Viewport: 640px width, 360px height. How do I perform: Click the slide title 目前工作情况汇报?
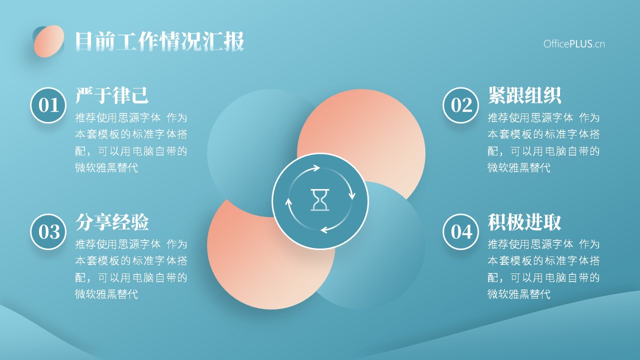tap(159, 41)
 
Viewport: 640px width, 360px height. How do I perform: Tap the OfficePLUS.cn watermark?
tap(574, 44)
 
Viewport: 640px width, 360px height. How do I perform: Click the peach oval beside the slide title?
tap(49, 41)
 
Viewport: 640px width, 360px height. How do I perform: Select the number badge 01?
tap(48, 105)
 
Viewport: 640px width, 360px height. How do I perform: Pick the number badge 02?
tap(461, 105)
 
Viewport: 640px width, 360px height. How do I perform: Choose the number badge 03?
tap(48, 231)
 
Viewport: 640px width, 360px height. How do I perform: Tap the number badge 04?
tap(461, 231)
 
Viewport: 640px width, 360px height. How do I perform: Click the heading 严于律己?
tap(112, 95)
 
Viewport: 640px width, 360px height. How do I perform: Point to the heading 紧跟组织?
tap(524, 95)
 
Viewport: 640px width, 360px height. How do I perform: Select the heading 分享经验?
tap(112, 221)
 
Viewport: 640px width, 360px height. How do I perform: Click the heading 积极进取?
tap(524, 221)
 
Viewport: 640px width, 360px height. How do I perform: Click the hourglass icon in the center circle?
tap(320, 200)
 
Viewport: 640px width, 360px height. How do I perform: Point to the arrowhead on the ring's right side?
tap(352, 195)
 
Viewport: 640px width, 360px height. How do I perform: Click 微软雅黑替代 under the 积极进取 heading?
tap(519, 294)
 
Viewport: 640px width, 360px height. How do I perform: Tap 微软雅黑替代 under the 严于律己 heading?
tap(106, 167)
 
